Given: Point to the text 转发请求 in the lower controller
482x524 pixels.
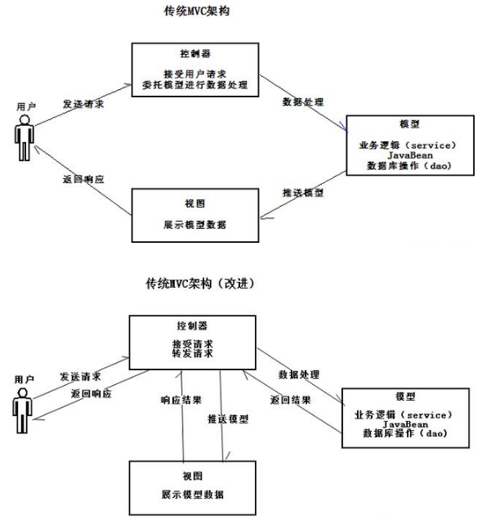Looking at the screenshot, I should tap(194, 352).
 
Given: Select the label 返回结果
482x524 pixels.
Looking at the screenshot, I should tap(290, 401).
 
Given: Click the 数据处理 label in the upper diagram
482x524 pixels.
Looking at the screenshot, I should tap(301, 103).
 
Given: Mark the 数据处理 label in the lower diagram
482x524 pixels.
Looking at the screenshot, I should tap(299, 374).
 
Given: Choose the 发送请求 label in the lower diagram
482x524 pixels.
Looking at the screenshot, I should tap(81, 377).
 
